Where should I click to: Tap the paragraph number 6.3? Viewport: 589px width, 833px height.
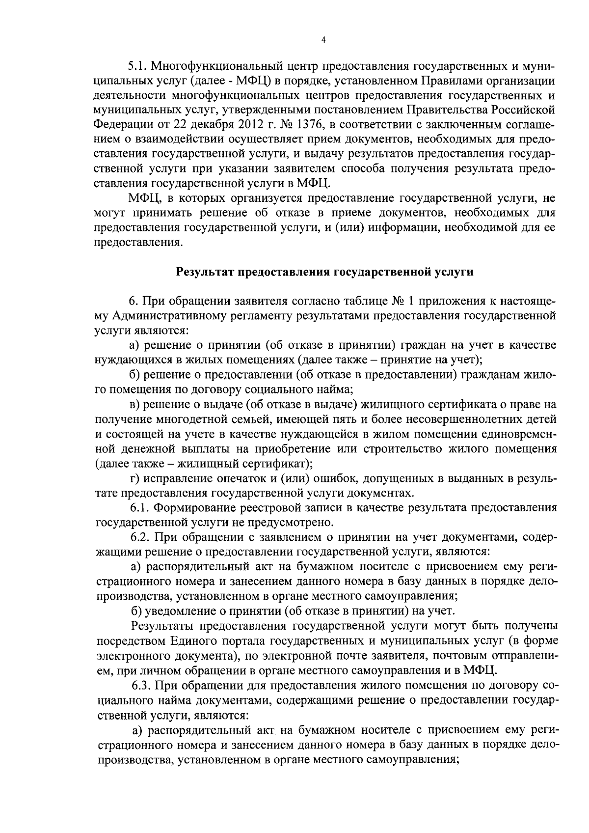click(x=141, y=685)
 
